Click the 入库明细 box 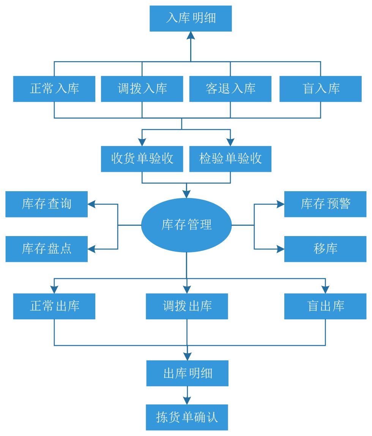(x=191, y=19)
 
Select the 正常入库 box (x=54, y=89)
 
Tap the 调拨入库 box (x=142, y=89)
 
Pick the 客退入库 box (x=230, y=89)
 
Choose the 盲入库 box (x=320, y=89)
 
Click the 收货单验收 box (x=142, y=159)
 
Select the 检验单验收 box (x=230, y=159)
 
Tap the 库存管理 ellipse (x=186, y=225)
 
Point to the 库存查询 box (x=46, y=204)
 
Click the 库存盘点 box (x=46, y=249)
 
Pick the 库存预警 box (x=325, y=204)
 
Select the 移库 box (x=325, y=249)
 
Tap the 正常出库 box (x=54, y=306)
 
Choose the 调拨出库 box (x=187, y=306)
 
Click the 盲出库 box (x=325, y=306)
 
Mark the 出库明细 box (x=188, y=373)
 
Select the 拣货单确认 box (x=187, y=417)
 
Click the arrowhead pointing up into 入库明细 (x=191, y=36)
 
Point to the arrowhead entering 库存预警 (x=281, y=204)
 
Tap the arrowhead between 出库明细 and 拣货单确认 (x=187, y=400)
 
